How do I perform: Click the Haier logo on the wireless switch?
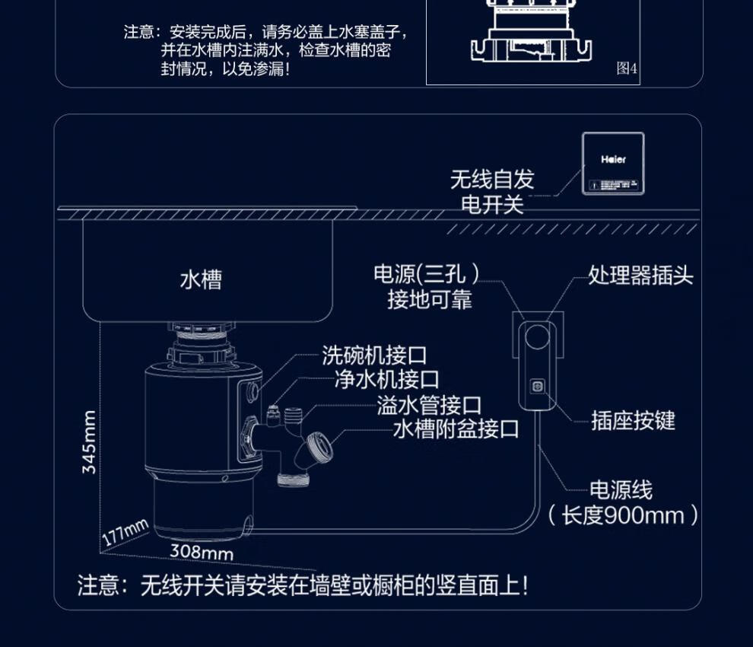click(613, 160)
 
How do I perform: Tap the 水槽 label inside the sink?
click(201, 279)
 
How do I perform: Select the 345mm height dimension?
click(90, 442)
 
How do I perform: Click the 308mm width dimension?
click(201, 552)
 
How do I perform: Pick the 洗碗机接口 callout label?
click(373, 355)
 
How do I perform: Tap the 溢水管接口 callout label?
click(429, 405)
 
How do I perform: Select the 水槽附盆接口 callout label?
click(456, 429)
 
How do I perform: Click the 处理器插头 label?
click(640, 275)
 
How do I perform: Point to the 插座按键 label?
click(633, 420)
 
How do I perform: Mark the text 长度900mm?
click(623, 515)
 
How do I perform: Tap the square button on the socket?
click(538, 386)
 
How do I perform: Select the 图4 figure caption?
click(627, 69)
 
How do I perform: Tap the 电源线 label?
click(621, 489)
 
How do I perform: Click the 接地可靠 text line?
click(429, 300)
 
